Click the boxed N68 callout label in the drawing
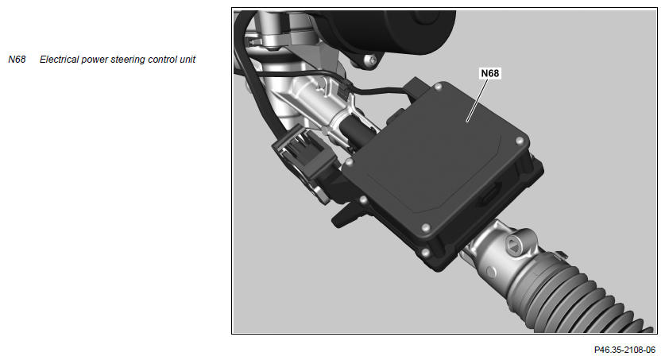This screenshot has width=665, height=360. (x=490, y=73)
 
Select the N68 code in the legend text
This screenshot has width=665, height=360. (x=17, y=60)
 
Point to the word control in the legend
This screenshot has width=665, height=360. (x=162, y=60)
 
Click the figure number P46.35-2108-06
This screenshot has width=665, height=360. (x=624, y=350)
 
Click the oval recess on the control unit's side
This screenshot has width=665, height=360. (x=490, y=195)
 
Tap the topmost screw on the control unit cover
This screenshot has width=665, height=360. (x=438, y=87)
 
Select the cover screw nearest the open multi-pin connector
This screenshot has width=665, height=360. (x=350, y=162)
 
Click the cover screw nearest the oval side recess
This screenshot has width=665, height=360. (x=519, y=141)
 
